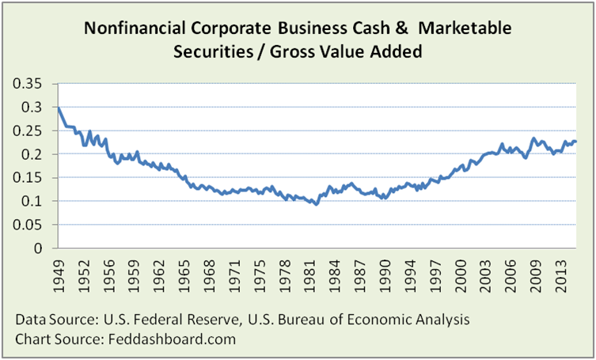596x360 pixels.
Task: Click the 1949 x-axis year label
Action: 60,274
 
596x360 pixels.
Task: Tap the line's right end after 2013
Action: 576,142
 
